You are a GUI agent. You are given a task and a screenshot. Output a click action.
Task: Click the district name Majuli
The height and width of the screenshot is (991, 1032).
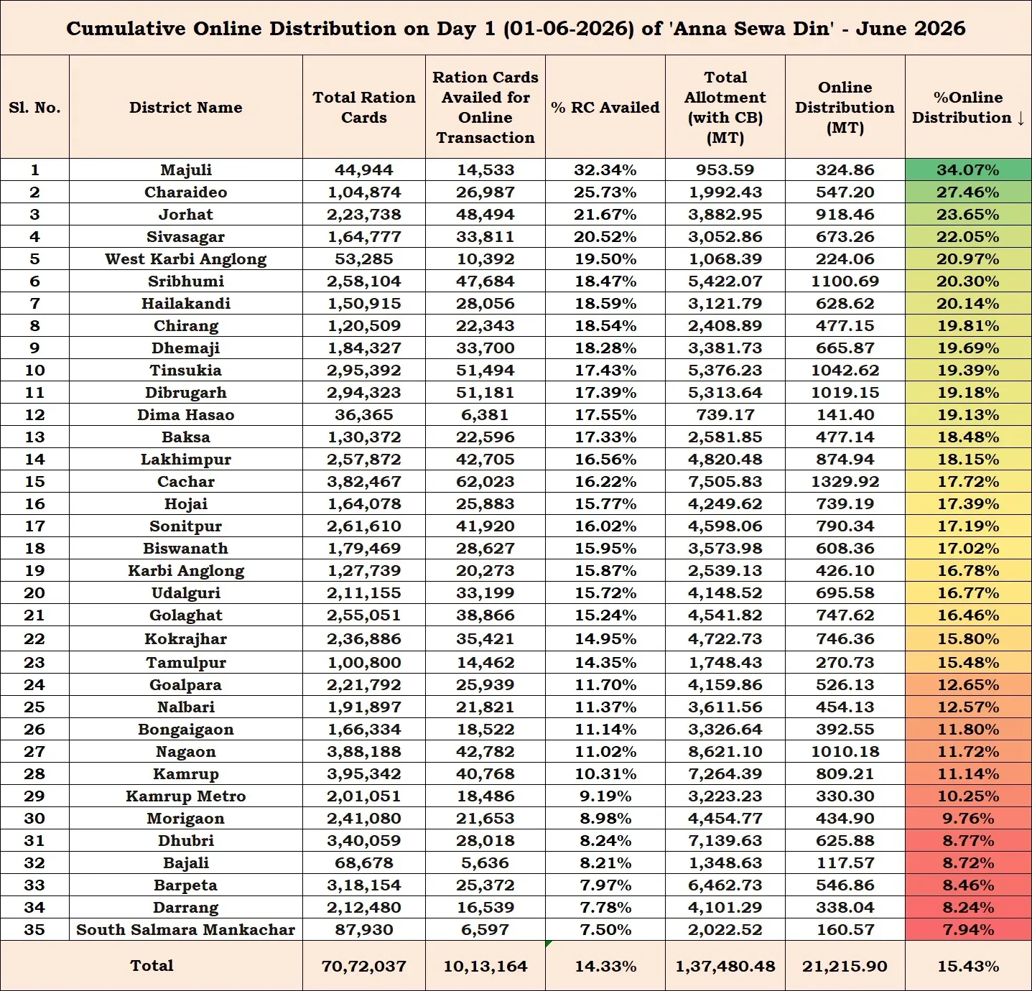pyautogui.click(x=185, y=170)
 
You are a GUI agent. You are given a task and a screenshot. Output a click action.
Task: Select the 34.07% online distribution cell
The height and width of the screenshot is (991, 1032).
pyautogui.click(x=968, y=169)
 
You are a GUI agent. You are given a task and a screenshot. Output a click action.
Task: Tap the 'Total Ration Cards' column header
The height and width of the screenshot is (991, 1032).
pyautogui.click(x=364, y=107)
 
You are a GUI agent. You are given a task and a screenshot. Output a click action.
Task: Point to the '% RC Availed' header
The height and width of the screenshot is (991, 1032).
pyautogui.click(x=605, y=107)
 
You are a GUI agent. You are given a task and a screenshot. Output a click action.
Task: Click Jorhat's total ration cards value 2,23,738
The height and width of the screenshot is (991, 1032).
pyautogui.click(x=364, y=214)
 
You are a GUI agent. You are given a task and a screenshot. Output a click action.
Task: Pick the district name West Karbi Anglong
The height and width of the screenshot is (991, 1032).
pyautogui.click(x=185, y=259)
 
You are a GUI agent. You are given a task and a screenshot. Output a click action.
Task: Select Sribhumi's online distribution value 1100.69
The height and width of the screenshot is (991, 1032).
pyautogui.click(x=845, y=281)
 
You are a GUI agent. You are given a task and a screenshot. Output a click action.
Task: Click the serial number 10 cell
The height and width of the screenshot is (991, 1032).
pyautogui.click(x=34, y=370)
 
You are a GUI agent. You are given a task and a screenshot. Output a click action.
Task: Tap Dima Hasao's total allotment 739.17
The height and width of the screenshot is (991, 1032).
pyautogui.click(x=725, y=414)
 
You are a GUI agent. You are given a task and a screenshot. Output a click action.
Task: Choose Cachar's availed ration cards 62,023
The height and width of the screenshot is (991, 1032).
pyautogui.click(x=485, y=481)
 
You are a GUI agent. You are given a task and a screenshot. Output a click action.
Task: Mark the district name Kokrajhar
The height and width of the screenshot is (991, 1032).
pyautogui.click(x=185, y=639)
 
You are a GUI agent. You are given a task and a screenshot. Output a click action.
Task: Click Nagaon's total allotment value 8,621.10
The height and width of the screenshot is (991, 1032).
pyautogui.click(x=725, y=751)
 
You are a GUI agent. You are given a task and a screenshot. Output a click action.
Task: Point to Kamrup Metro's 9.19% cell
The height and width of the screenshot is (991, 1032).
pyautogui.click(x=605, y=796)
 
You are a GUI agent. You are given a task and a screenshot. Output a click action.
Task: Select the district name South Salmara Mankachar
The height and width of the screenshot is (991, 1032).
pyautogui.click(x=185, y=929)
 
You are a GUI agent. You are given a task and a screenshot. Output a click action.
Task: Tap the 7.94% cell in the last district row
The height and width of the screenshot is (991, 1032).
pyautogui.click(x=968, y=929)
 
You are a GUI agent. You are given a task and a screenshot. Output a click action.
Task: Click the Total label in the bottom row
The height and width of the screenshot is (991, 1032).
pyautogui.click(x=152, y=965)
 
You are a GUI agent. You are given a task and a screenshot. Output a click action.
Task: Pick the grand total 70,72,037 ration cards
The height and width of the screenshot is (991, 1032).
pyautogui.click(x=364, y=966)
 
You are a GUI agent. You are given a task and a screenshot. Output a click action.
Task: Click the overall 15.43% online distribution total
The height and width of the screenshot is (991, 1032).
pyautogui.click(x=968, y=966)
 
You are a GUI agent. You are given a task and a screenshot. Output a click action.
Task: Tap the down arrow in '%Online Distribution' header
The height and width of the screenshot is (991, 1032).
pyautogui.click(x=1021, y=118)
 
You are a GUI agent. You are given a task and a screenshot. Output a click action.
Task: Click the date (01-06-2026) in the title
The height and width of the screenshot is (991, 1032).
pyautogui.click(x=568, y=29)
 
